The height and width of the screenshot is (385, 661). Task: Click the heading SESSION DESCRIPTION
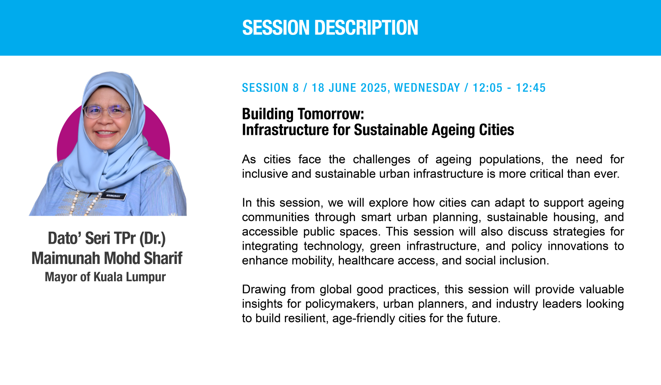pos(330,28)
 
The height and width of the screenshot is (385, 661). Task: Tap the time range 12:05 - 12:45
pos(510,88)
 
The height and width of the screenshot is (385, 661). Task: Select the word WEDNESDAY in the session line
pos(427,88)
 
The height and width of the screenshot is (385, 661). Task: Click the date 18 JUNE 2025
pos(349,88)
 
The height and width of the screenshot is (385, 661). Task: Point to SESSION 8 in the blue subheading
pos(271,88)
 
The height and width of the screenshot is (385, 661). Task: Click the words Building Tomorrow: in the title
pos(303,114)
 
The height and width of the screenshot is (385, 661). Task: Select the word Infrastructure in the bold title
pos(285,130)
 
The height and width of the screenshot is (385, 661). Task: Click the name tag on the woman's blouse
pos(113,196)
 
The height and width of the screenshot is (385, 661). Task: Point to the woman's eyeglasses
pos(107,112)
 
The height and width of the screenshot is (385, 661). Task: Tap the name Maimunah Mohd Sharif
pos(107,258)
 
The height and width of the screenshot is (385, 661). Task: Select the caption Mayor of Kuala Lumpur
pos(105,277)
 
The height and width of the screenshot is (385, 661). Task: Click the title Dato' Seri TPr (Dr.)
pos(107,238)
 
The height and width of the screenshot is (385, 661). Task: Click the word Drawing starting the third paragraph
pos(264,290)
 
